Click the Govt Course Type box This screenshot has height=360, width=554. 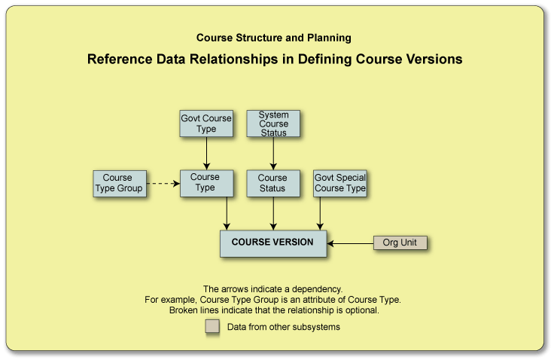205,124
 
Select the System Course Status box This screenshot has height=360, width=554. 272,124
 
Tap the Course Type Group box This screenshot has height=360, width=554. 118,183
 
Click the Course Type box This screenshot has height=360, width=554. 205,183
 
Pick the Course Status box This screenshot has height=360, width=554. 272,183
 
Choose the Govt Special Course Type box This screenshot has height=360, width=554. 339,183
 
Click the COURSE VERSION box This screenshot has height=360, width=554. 272,243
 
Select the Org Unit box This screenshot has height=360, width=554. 400,243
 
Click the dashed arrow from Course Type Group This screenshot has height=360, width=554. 162,183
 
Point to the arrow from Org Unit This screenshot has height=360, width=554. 351,243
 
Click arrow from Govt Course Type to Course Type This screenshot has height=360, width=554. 205,154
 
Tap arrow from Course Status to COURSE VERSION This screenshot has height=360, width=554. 272,213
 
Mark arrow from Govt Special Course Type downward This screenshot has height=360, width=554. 321,213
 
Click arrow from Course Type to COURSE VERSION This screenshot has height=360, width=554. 227,213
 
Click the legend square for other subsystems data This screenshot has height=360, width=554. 212,326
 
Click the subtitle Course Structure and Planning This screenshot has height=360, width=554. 273,37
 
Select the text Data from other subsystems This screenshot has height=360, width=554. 284,327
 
